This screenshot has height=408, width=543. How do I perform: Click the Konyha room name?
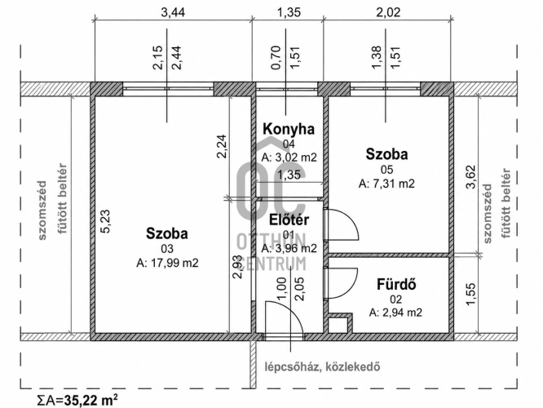(x=289, y=129)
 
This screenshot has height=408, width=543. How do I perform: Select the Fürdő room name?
(x=396, y=285)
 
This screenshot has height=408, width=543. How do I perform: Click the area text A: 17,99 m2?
(x=167, y=263)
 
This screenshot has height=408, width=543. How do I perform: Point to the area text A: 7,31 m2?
(x=386, y=184)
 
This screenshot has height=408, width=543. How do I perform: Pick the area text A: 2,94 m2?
(x=395, y=313)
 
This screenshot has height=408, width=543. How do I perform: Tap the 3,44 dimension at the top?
(x=173, y=12)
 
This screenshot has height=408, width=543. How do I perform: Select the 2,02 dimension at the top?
(x=388, y=12)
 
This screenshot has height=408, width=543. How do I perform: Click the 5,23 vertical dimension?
(x=105, y=221)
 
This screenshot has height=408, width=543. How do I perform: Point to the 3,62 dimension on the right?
(x=471, y=177)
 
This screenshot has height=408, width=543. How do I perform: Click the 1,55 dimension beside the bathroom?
(x=471, y=295)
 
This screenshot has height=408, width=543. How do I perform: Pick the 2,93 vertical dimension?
(x=237, y=267)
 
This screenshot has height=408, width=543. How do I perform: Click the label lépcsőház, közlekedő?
(x=322, y=366)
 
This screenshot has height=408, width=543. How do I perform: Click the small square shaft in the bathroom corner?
(x=339, y=324)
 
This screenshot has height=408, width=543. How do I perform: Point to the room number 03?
(x=167, y=249)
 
